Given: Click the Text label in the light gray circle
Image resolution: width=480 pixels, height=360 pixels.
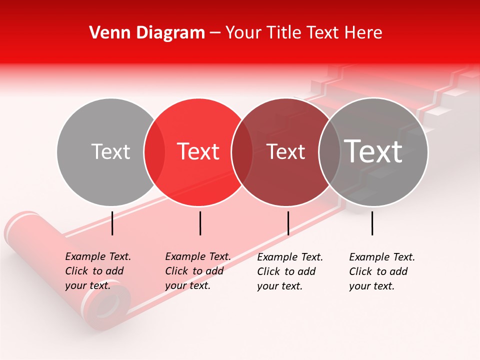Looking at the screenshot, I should [x=110, y=151].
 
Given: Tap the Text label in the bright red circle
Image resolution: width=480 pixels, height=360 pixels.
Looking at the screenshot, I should [x=198, y=151].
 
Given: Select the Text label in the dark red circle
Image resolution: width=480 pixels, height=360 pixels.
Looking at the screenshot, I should [x=285, y=151].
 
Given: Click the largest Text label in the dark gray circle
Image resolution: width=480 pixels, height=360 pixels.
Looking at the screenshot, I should [x=373, y=151].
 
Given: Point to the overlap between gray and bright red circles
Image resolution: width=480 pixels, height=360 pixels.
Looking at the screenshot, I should [x=154, y=152].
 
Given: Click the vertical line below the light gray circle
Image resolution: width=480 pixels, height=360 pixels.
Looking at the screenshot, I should [x=112, y=223].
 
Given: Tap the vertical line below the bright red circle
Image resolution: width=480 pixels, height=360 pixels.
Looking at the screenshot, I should [x=200, y=223].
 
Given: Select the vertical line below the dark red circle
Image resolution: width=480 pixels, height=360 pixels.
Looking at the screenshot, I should [x=288, y=223].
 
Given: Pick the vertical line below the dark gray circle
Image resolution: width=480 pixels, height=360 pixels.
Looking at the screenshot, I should [x=372, y=223].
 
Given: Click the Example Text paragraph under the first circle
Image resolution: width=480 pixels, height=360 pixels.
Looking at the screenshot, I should [x=97, y=271].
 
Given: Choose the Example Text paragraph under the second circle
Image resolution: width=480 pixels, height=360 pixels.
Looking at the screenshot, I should [x=197, y=271].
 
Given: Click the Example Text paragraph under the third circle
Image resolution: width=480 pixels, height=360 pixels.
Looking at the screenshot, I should [x=289, y=271].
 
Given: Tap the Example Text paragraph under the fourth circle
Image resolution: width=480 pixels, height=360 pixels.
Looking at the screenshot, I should [x=381, y=271].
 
